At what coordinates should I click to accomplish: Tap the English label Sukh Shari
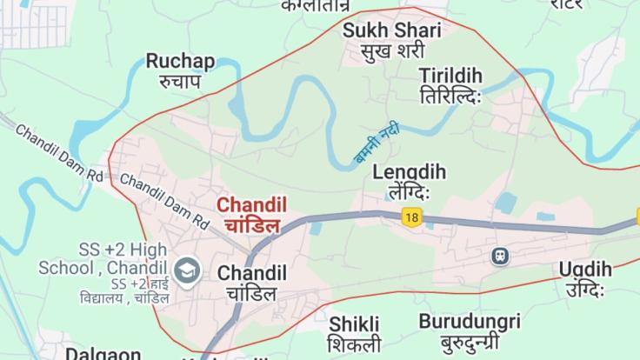391,30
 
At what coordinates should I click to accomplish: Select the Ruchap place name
180,61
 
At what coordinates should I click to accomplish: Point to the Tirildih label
450,75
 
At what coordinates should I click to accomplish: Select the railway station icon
500,256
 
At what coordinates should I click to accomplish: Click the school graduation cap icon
187,270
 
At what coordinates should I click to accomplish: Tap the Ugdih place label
585,270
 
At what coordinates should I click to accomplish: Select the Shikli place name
354,323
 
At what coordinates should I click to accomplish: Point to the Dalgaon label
103,353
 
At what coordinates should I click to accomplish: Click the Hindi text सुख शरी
392,51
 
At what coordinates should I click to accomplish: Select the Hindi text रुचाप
180,81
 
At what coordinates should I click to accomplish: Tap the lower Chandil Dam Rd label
163,198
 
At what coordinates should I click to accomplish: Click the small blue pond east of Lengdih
505,202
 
